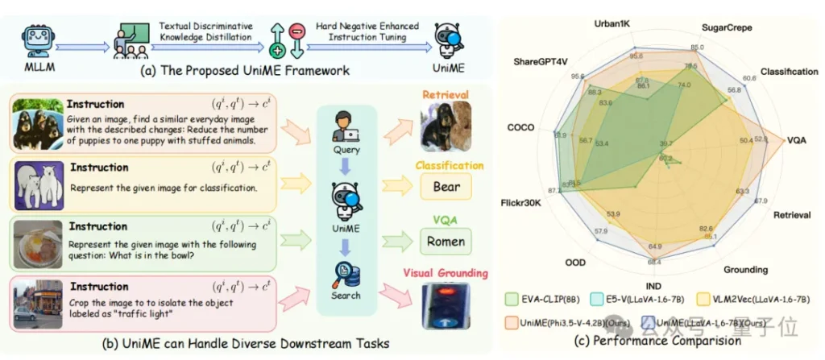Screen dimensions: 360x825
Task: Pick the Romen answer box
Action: [x=446, y=241]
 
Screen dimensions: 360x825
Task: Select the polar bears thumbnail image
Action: [x=36, y=185]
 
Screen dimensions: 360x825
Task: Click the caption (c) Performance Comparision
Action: [x=666, y=341]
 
